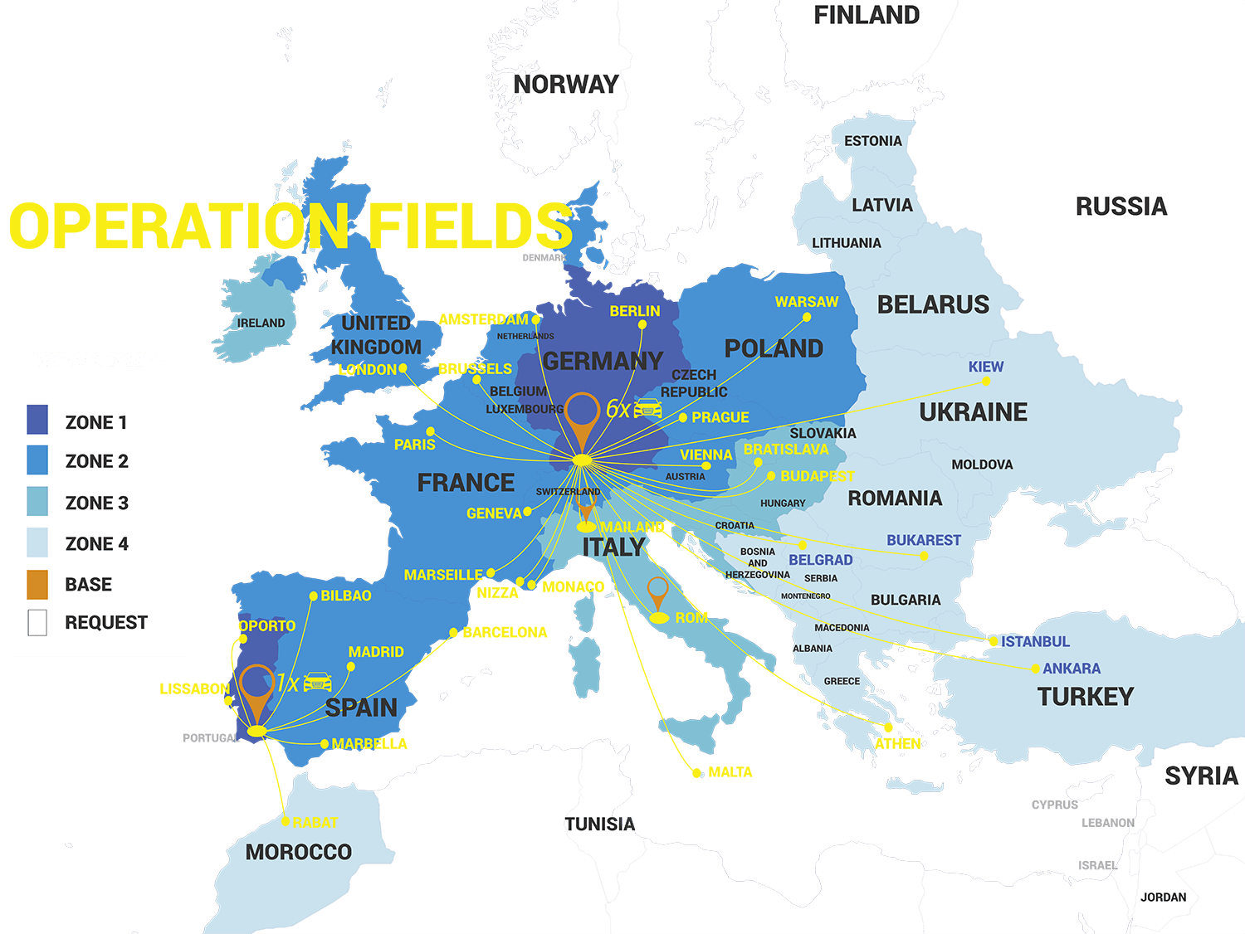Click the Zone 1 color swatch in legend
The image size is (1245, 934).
click(x=37, y=420)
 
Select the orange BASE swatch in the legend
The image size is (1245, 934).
click(x=37, y=584)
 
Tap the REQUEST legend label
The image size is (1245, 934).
click(x=106, y=623)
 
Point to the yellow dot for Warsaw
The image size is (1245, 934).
click(x=807, y=317)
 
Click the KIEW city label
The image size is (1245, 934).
click(x=985, y=367)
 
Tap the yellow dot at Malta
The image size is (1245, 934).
click(x=697, y=773)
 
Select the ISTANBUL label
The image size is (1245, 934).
click(x=1034, y=641)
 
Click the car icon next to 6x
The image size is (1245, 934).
click(x=648, y=409)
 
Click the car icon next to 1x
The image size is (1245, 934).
click(x=318, y=683)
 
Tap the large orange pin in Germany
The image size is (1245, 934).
click(x=583, y=417)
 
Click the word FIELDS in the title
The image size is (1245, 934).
click(x=470, y=226)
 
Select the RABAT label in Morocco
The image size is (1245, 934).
click(x=315, y=822)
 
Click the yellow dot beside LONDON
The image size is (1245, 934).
click(x=403, y=368)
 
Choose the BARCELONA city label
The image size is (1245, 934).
click(x=505, y=632)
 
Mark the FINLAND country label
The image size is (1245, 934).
click(x=866, y=16)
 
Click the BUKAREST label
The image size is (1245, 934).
click(x=923, y=540)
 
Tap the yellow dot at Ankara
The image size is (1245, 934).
click(x=1035, y=669)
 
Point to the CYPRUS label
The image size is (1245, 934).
click(x=1054, y=805)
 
